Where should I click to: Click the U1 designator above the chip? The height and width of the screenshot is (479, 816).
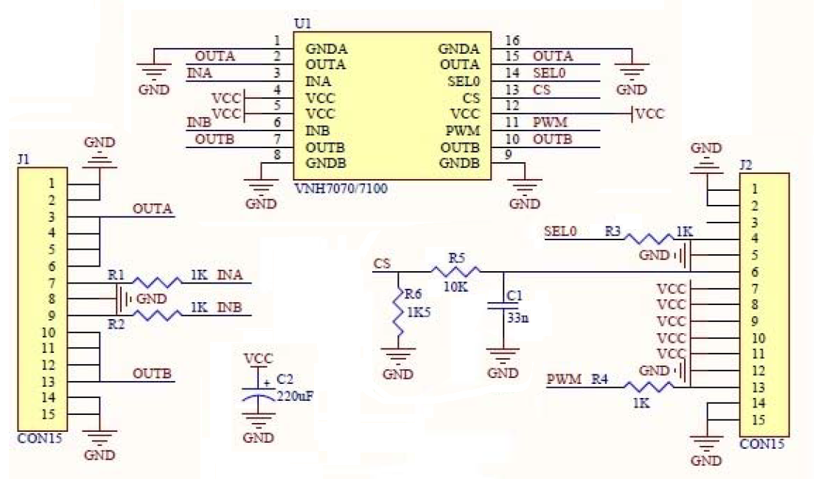point(301,23)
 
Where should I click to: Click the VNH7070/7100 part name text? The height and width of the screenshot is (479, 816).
point(340,189)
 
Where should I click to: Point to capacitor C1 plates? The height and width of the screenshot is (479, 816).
point(503,307)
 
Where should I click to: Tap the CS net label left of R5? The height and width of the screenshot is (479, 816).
point(382,263)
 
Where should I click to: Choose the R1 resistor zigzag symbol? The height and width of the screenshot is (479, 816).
point(155,282)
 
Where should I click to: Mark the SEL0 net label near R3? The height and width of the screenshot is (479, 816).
point(559,231)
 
